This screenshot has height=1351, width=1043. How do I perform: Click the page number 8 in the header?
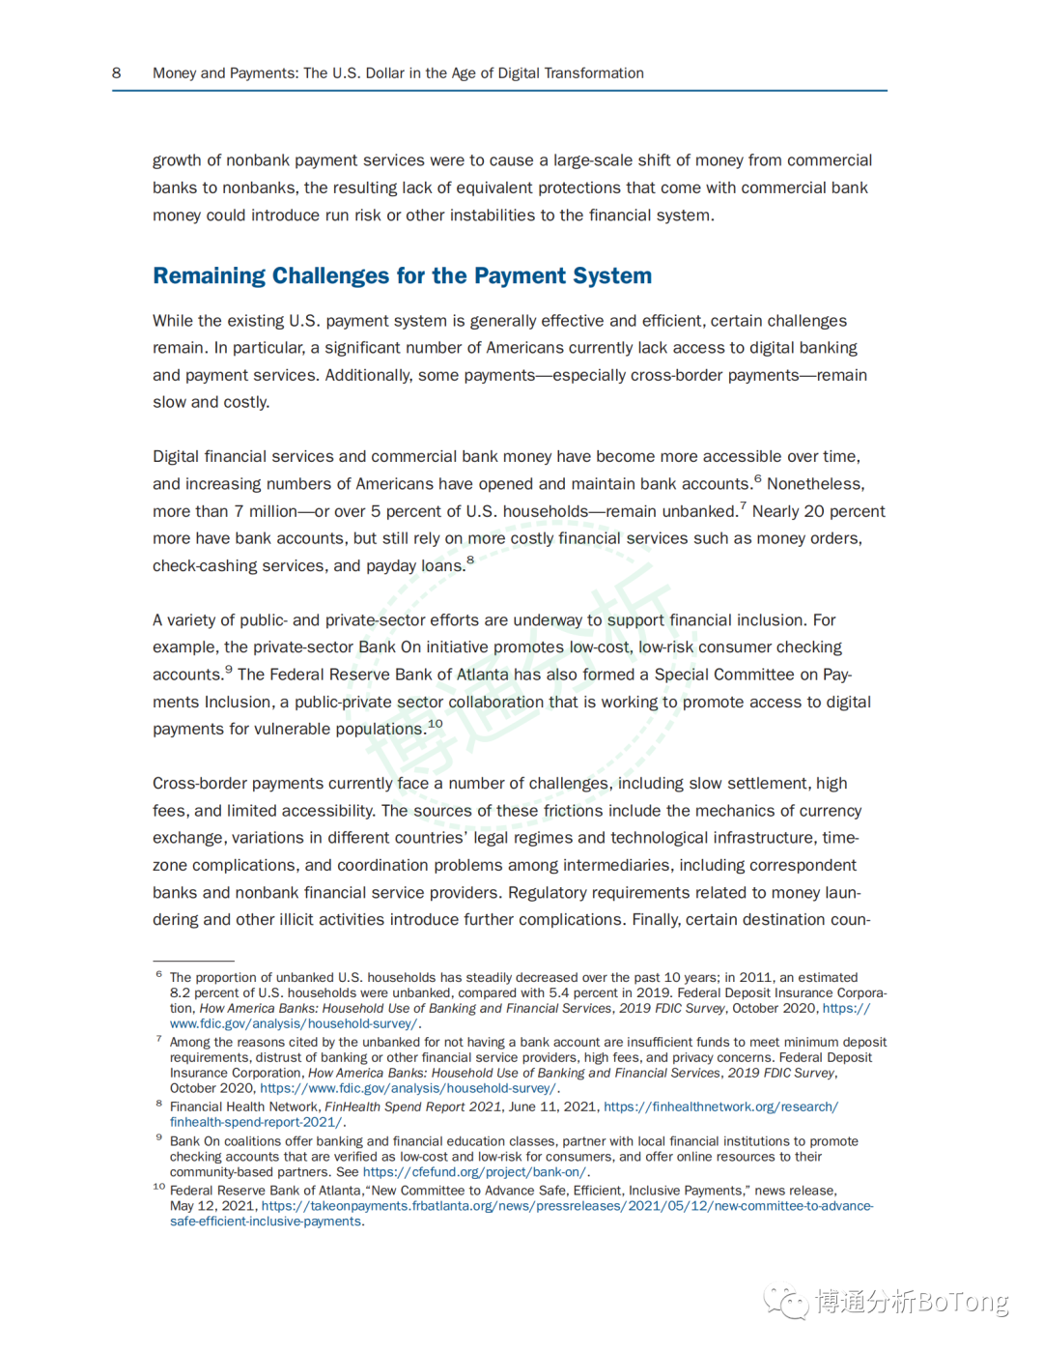click(x=117, y=73)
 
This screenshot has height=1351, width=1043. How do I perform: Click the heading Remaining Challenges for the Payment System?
click(x=402, y=276)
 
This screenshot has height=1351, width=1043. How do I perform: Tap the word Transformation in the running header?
click(x=594, y=73)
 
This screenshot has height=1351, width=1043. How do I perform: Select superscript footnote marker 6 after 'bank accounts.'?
click(x=758, y=478)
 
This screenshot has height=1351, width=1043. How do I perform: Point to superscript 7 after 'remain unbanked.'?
click(x=743, y=505)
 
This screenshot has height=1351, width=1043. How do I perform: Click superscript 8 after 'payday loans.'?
click(x=470, y=560)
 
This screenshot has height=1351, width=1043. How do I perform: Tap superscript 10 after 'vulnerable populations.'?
click(x=436, y=723)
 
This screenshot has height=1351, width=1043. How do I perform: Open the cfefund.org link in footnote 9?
click(x=474, y=1172)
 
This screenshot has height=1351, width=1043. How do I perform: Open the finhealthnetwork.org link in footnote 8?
click(x=720, y=1107)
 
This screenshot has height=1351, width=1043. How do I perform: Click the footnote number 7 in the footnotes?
click(x=158, y=1039)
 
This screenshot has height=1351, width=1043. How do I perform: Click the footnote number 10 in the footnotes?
click(x=159, y=1187)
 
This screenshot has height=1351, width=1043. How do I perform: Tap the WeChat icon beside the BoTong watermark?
click(x=786, y=1302)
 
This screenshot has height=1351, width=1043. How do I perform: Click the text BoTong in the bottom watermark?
click(x=962, y=1302)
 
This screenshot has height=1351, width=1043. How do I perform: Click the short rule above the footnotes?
click(x=193, y=961)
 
